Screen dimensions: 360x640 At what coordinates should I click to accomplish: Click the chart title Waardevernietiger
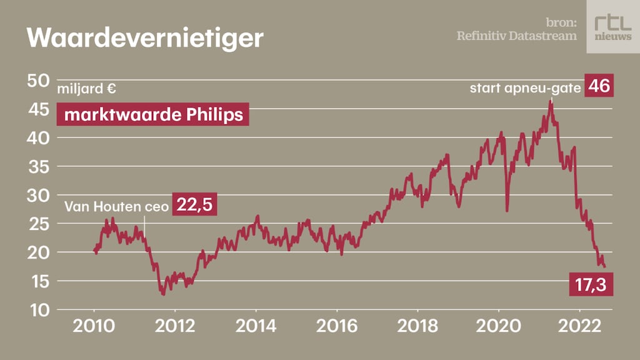tap(144, 38)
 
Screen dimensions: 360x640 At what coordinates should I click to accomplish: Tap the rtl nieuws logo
tap(612, 26)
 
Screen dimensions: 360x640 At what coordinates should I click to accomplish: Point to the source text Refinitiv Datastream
tap(516, 36)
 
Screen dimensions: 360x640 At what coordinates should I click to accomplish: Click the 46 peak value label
tap(599, 86)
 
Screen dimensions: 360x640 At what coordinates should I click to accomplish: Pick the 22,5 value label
tap(194, 205)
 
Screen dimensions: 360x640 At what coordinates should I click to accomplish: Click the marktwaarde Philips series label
tap(153, 115)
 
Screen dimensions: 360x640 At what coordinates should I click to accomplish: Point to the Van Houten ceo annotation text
tap(117, 206)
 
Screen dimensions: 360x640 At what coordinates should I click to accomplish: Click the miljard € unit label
tap(87, 89)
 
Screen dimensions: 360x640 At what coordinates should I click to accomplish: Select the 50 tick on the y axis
tap(38, 81)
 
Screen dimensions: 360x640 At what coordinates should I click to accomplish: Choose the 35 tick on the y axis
tap(38, 166)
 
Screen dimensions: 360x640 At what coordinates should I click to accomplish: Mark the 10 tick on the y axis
tap(38, 309)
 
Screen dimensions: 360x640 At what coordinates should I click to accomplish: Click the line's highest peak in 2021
tap(551, 101)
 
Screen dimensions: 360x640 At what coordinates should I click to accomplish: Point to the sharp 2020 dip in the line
tap(506, 211)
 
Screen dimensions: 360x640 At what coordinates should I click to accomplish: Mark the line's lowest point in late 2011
tap(163, 293)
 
